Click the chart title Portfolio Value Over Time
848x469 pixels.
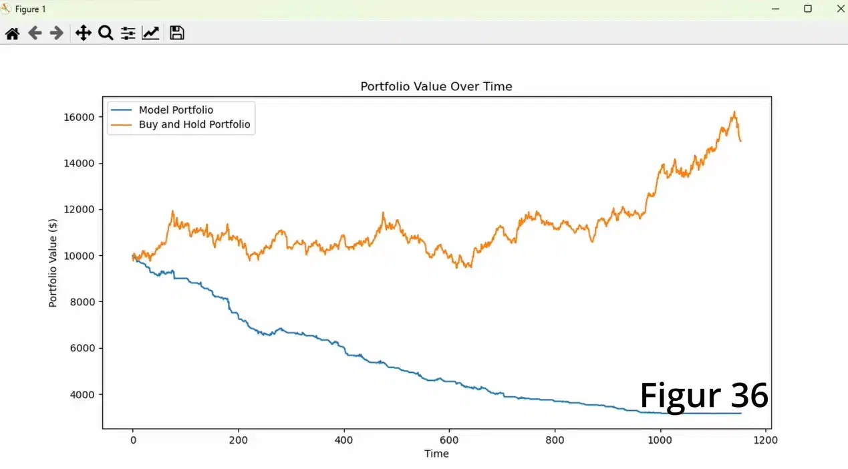click(x=436, y=86)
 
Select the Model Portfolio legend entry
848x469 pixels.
click(x=176, y=110)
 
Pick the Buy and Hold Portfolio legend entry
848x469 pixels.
click(x=194, y=124)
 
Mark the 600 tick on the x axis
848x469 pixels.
click(x=449, y=440)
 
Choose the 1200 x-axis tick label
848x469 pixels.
click(x=765, y=440)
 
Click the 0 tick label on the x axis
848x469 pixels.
click(x=133, y=440)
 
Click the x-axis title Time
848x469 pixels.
click(x=436, y=454)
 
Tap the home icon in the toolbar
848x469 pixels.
click(x=12, y=33)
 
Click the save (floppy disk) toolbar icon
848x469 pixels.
click(x=176, y=33)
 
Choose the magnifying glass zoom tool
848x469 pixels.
click(x=106, y=33)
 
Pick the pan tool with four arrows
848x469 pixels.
click(x=83, y=33)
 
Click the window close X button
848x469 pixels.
click(x=839, y=9)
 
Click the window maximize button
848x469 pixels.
click(x=808, y=9)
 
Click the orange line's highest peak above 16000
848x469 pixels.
click(x=734, y=112)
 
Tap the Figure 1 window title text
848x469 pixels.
click(x=31, y=9)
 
